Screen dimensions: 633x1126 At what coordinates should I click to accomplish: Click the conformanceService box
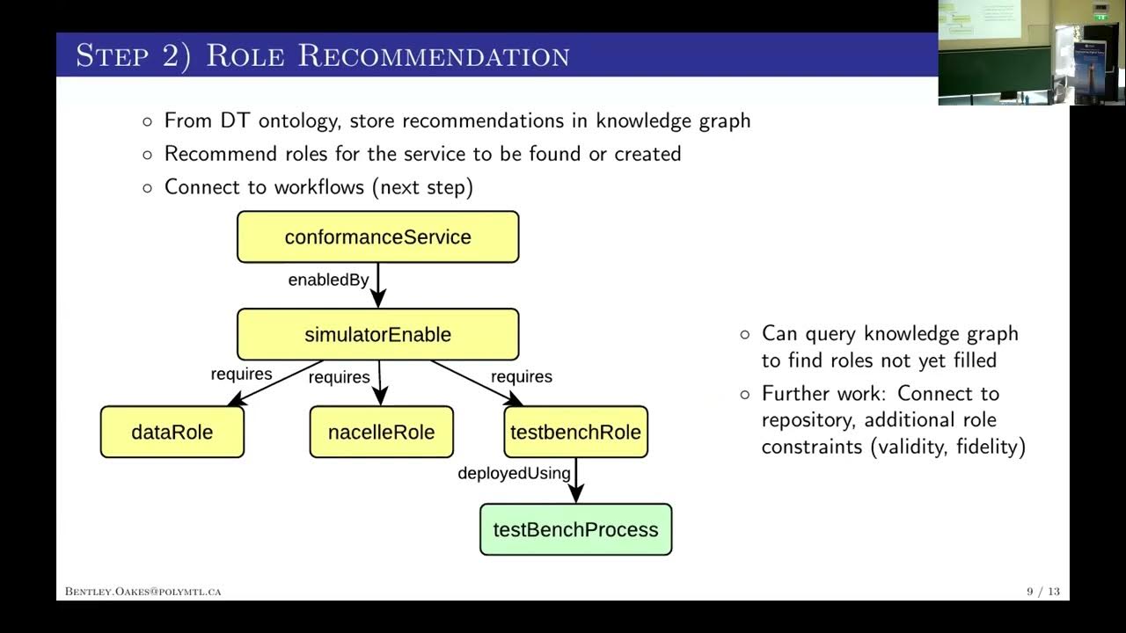(377, 236)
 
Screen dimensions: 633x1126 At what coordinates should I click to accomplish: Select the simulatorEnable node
(377, 334)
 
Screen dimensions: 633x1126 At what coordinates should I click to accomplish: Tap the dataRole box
(172, 432)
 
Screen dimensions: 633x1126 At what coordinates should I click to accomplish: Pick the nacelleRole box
(381, 432)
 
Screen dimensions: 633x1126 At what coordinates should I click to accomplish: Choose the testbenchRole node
(575, 432)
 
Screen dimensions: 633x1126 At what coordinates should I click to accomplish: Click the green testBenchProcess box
(575, 529)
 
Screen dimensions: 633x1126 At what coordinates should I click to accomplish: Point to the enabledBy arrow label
(328, 280)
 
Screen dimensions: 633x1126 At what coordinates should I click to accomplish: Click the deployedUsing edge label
(514, 473)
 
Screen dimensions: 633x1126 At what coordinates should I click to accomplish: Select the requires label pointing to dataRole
(241, 374)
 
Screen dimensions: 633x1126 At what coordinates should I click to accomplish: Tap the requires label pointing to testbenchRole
(522, 376)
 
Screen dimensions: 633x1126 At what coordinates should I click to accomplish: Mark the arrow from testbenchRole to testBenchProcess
(575, 480)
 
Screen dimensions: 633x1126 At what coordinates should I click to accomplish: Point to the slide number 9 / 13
(1043, 592)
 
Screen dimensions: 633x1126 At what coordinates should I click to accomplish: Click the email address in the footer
(143, 592)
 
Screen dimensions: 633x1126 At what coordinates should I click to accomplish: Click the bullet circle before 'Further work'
(745, 394)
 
